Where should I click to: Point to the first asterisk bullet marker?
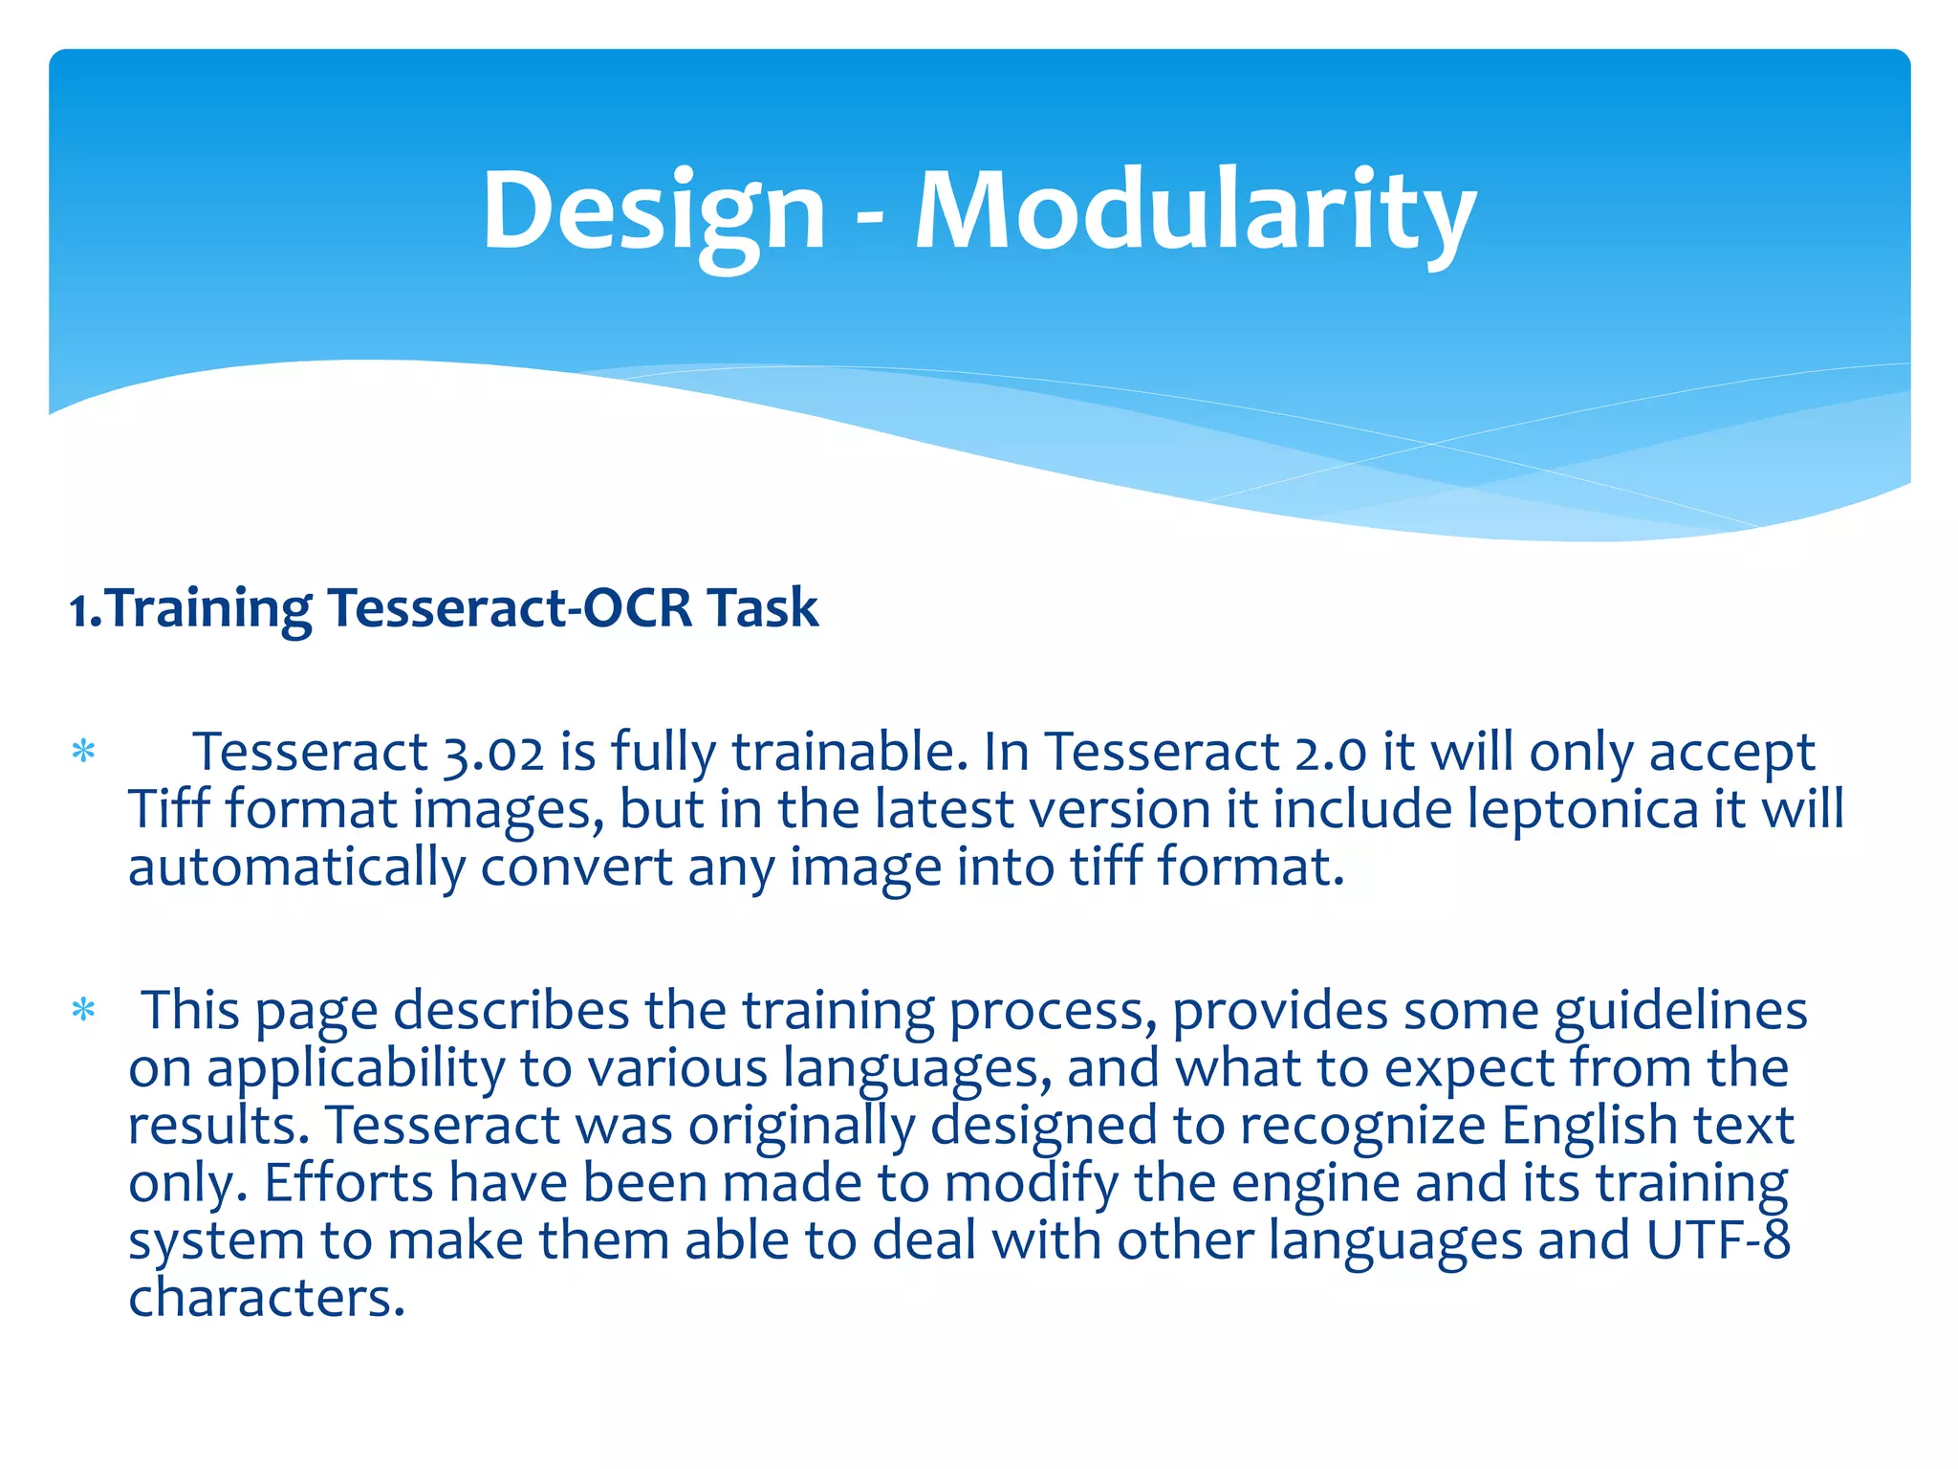(x=84, y=753)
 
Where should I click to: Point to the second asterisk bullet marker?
(x=84, y=1011)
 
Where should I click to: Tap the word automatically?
(x=296, y=868)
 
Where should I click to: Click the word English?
(x=1588, y=1126)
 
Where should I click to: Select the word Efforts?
(x=348, y=1183)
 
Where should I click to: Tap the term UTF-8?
(x=1717, y=1240)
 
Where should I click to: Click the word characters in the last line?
(x=267, y=1299)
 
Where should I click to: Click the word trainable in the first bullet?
(x=844, y=753)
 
